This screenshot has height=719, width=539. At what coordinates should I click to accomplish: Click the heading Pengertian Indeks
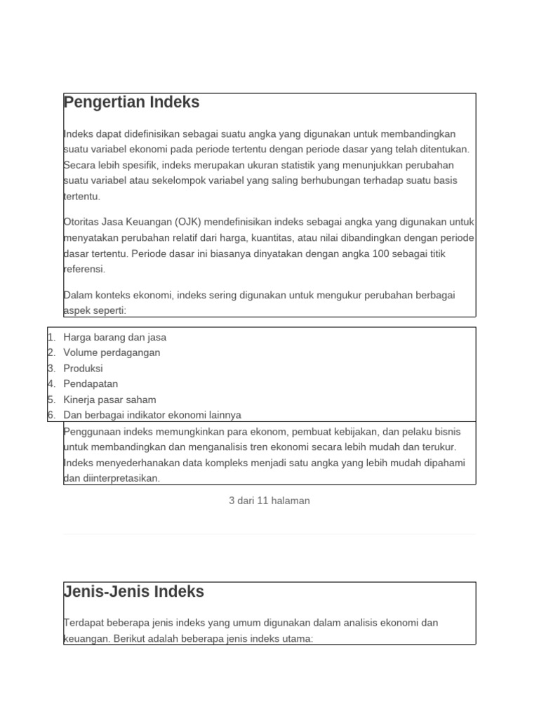point(131,103)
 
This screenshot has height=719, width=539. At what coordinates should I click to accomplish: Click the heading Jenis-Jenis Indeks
point(133,592)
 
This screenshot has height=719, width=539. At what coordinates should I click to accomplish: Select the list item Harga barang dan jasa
point(114,337)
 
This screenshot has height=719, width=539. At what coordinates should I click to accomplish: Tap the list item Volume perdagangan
point(112,352)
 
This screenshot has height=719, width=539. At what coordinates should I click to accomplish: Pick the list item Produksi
point(83,368)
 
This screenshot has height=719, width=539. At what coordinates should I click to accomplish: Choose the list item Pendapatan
point(91,383)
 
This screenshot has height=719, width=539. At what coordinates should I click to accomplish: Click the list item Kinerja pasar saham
point(109,400)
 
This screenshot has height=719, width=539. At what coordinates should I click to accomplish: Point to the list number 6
point(51,415)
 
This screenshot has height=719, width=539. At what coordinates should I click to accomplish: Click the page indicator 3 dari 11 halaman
point(269,501)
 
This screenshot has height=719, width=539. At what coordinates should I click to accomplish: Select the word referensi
point(84,269)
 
